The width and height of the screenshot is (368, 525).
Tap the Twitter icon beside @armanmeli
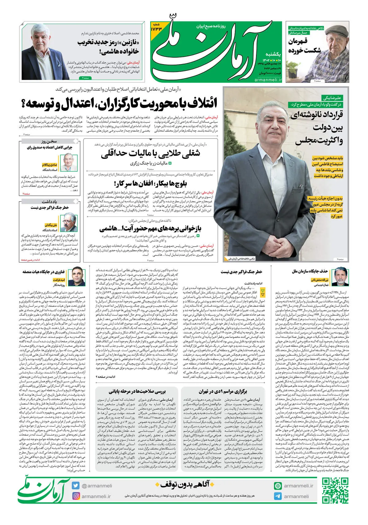(76, 485)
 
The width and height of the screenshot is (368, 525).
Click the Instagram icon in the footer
(76, 496)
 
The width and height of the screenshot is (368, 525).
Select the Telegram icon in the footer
(278, 496)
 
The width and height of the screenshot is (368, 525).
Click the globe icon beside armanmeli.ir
(278, 486)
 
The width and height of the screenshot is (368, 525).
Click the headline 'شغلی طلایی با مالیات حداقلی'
(151, 153)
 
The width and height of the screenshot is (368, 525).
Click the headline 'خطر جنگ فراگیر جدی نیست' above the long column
(241, 272)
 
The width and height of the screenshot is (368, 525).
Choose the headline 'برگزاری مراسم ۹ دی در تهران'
(223, 391)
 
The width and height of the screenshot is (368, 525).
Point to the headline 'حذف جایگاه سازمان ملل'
(310, 271)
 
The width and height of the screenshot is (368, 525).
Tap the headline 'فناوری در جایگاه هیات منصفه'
(44, 272)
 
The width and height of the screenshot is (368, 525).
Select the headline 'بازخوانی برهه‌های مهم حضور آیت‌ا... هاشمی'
(151, 229)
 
